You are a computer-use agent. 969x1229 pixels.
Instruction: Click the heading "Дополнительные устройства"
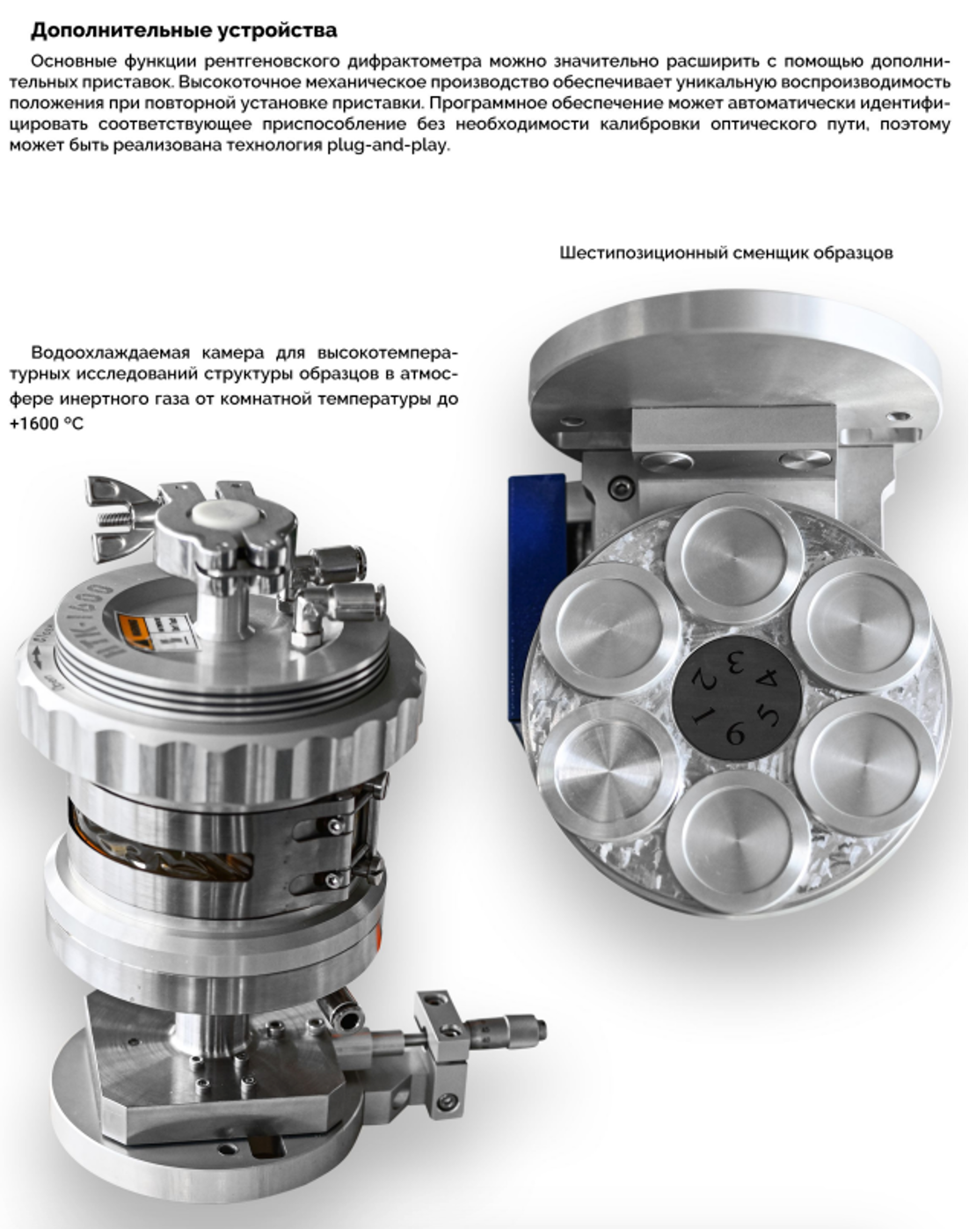pyautogui.click(x=184, y=30)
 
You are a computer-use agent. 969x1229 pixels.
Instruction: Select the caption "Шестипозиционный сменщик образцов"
pyautogui.click(x=725, y=253)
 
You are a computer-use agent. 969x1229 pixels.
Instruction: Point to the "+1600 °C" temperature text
pyautogui.click(x=47, y=423)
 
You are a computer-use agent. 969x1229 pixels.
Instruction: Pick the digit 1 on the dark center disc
pyautogui.click(x=701, y=717)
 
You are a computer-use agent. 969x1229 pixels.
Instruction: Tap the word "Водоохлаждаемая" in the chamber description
pyautogui.click(x=110, y=353)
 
